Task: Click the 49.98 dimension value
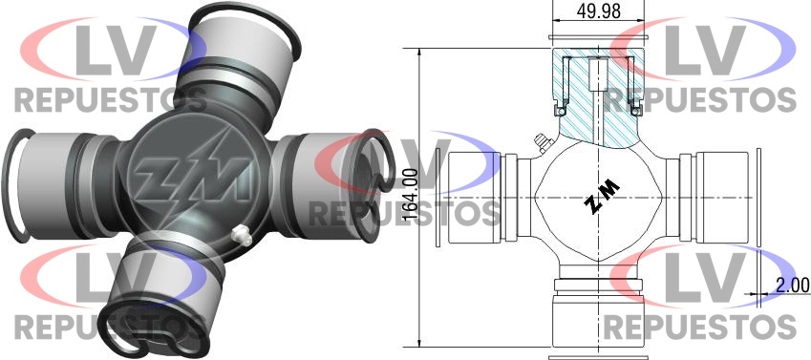point(599,11)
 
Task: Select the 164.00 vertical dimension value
point(410,198)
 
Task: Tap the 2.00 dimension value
point(792,285)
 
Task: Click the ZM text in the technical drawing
point(603,197)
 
